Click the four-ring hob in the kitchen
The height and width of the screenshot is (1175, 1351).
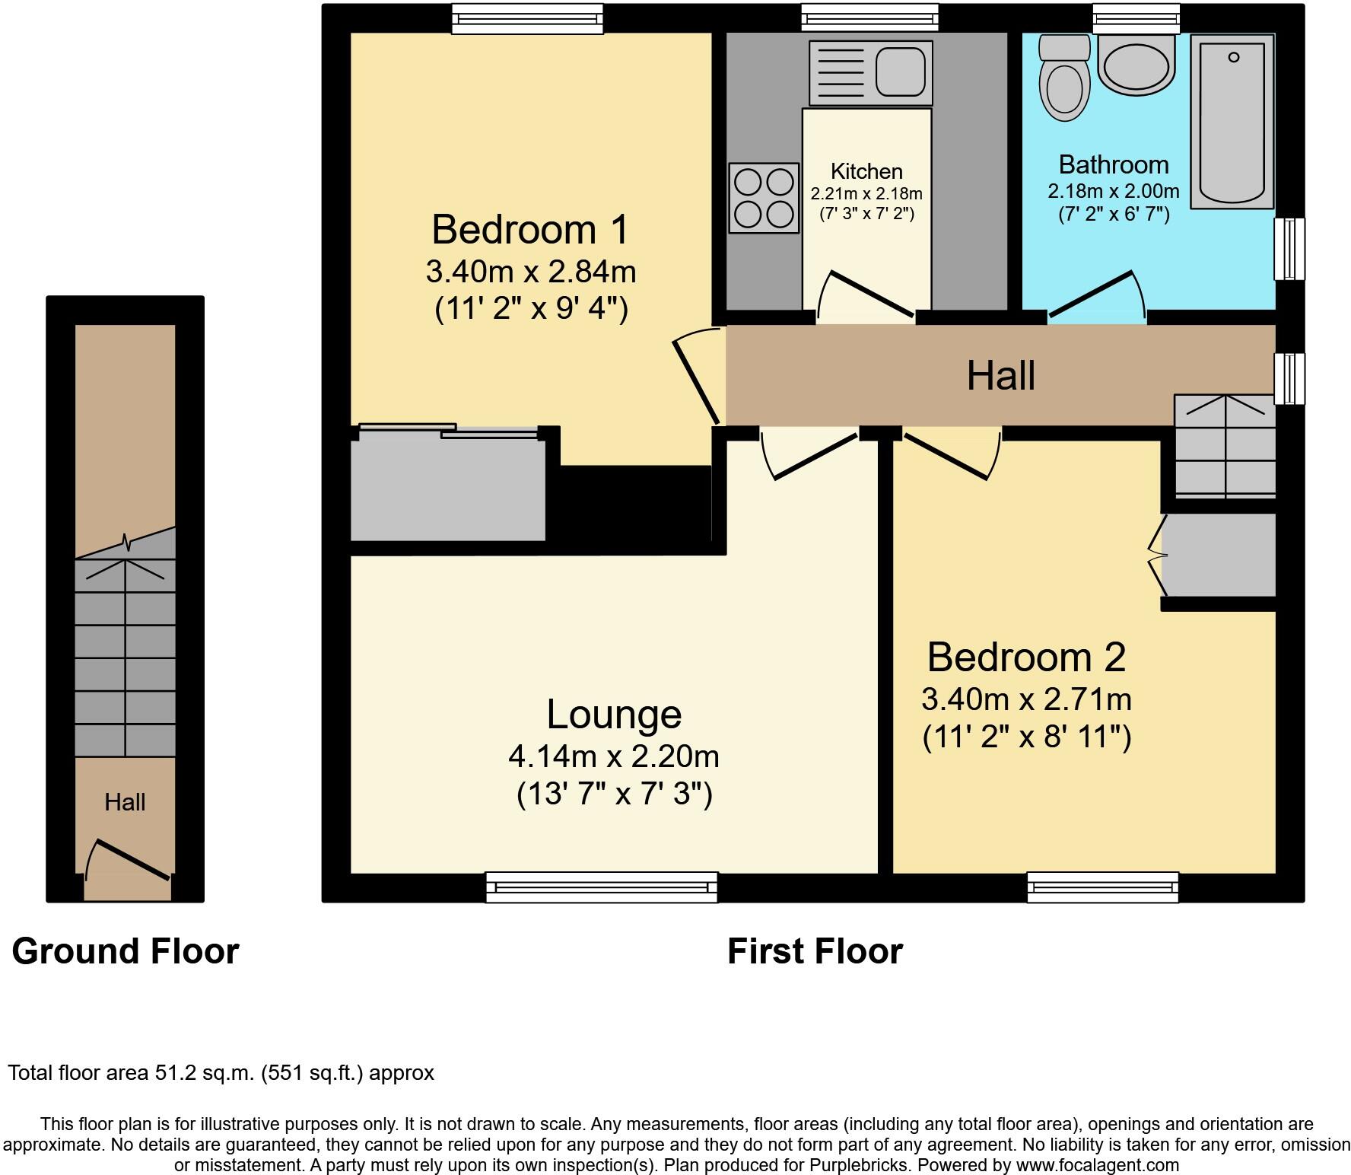[x=764, y=198]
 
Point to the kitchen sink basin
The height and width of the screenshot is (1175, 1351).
[x=903, y=71]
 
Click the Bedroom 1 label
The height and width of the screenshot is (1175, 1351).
[x=530, y=229]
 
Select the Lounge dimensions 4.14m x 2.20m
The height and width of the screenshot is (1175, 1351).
[x=613, y=756]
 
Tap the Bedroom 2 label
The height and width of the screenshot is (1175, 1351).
[x=1026, y=657]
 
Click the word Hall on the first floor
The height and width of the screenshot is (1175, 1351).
[x=1000, y=376]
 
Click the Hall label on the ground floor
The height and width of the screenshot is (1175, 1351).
[x=125, y=802]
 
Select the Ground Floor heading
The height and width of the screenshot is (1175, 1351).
[x=126, y=951]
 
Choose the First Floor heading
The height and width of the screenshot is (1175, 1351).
[x=815, y=951]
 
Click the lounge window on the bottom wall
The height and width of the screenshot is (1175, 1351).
[x=601, y=887]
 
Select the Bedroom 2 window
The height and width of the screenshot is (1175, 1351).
[x=1102, y=887]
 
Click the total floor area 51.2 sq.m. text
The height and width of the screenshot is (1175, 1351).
[x=221, y=1073]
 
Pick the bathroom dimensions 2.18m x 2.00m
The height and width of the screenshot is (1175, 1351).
[x=1113, y=191]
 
